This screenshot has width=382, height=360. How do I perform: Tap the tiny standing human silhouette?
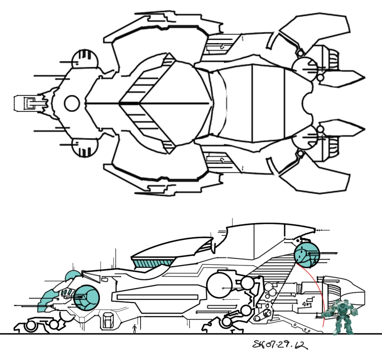135,328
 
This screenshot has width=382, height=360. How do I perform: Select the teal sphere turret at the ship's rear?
306,254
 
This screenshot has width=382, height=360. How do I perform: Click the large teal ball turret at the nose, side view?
87,297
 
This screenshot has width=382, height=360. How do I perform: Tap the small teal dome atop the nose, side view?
72,276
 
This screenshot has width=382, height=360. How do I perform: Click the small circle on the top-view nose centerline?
72,103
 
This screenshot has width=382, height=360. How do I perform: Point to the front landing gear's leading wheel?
30,326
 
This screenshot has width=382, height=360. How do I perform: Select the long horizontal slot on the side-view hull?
157,297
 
